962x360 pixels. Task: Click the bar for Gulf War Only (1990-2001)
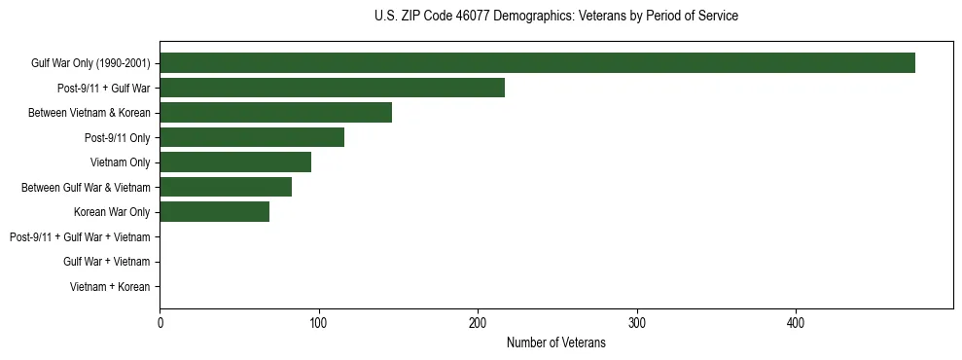537,63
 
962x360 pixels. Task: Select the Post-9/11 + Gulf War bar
332,88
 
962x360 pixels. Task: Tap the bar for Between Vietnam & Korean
275,113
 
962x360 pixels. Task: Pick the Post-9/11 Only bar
252,137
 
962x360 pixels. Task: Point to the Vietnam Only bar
235,162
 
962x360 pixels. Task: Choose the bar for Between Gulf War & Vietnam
226,187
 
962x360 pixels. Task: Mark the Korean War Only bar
214,212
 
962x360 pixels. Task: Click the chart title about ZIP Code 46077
555,17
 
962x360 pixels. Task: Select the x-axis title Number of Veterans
555,343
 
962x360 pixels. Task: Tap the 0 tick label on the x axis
160,324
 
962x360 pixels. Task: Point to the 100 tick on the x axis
318,324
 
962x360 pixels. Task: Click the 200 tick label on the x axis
478,324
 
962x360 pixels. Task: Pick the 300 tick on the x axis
637,324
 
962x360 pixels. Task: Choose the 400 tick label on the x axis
796,324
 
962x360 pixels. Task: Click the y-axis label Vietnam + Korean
110,287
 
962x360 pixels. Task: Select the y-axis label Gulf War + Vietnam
106,262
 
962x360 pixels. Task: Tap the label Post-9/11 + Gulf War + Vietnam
80,237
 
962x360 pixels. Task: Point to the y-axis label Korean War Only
112,212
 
